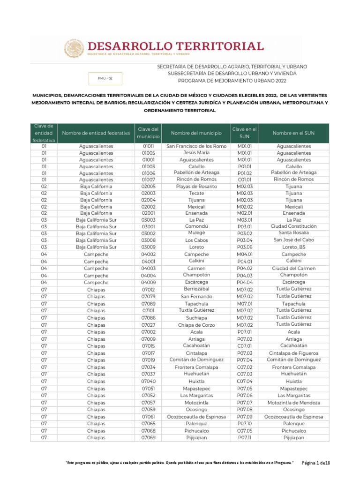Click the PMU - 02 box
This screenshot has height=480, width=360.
[105, 78]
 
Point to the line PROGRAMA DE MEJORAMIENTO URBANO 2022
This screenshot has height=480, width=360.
[227, 81]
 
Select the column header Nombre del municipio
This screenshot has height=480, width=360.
[196, 133]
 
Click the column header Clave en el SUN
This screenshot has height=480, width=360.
[244, 133]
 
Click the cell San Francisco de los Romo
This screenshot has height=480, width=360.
[196, 146]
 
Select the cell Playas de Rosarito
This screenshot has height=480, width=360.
[196, 187]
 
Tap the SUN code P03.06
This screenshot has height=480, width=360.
[244, 247]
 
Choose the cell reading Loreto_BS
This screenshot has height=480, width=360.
[293, 247]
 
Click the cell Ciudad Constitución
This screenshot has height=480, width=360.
[293, 226]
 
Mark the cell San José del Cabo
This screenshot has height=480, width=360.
[293, 240]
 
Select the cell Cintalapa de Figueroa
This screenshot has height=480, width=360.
[293, 353]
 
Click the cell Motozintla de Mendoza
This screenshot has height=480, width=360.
[293, 403]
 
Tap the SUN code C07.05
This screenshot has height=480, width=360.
[244, 430]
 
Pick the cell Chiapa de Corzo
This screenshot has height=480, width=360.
[196, 324]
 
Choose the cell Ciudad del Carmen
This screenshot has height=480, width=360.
[293, 268]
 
